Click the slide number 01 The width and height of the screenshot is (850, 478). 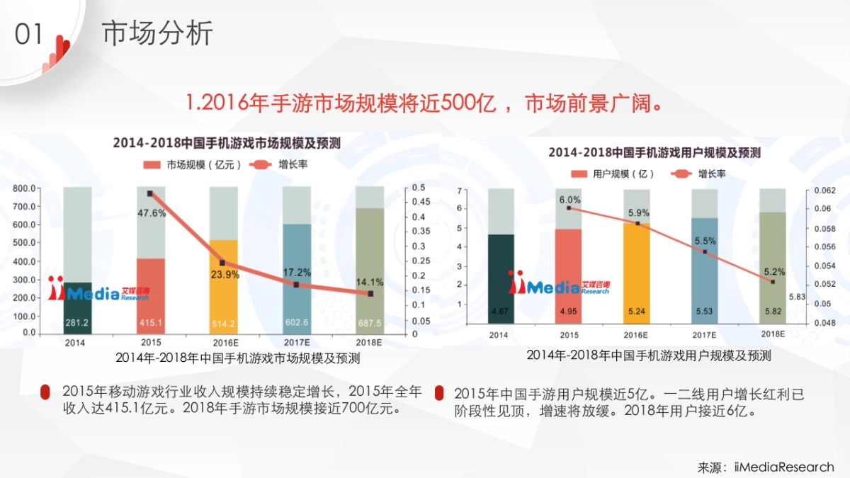point(29,34)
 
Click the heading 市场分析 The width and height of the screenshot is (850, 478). point(157,33)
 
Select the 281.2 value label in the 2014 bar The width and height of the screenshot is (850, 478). point(77,323)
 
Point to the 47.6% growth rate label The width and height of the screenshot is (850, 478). point(151,212)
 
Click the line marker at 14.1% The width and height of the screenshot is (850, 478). point(370,293)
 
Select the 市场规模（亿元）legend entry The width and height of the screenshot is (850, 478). point(193,165)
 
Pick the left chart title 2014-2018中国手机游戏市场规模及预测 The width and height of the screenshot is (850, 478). point(227,143)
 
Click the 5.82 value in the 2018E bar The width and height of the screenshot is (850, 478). point(773,311)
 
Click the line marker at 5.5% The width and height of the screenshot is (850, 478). point(705,252)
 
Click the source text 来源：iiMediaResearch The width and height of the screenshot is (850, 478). point(766,467)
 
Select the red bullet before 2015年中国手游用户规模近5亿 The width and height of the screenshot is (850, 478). point(440,394)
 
